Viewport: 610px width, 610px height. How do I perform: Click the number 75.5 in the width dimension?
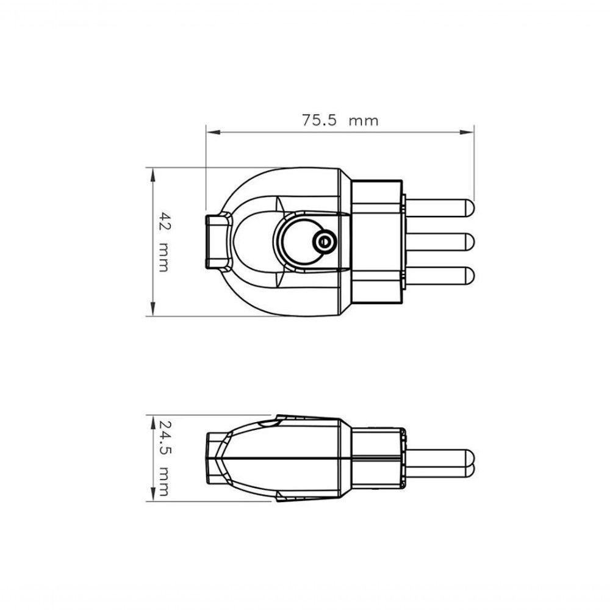coord(320,120)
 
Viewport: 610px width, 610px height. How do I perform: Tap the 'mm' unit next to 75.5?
coord(364,121)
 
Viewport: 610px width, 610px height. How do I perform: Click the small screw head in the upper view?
coord(323,242)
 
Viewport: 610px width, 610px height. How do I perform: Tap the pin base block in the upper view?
coord(377,242)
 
